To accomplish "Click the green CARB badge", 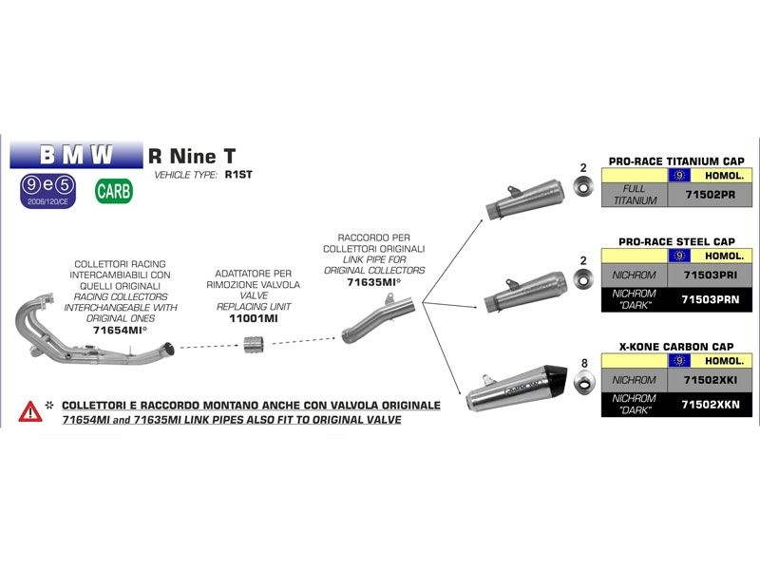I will (x=114, y=190).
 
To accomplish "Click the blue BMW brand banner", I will (x=75, y=154).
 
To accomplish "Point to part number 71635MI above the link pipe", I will (x=373, y=282).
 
